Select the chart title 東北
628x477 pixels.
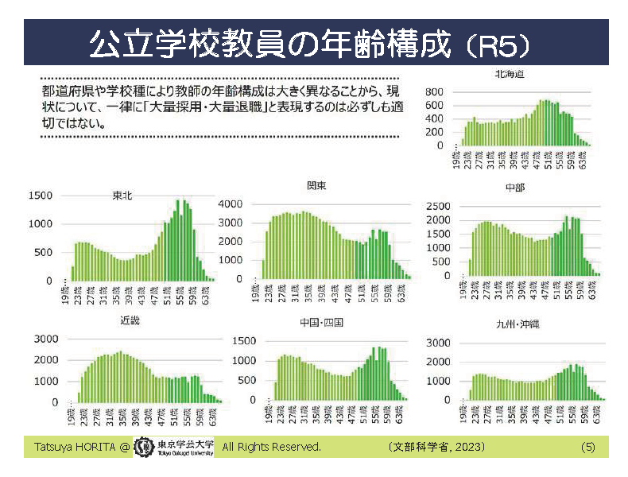(x=123, y=196)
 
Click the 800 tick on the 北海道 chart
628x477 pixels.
(x=433, y=92)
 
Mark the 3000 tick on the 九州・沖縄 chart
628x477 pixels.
(x=440, y=343)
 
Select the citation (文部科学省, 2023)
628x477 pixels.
(x=437, y=447)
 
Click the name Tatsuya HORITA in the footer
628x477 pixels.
(x=71, y=447)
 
